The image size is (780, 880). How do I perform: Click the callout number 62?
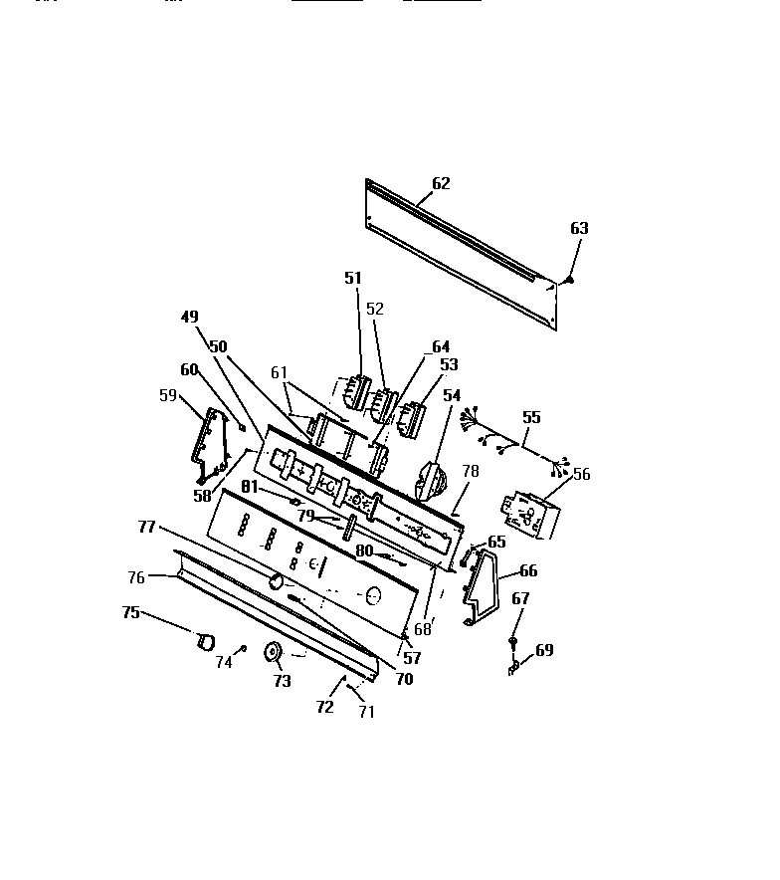coord(441,183)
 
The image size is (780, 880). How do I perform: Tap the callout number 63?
coord(579,228)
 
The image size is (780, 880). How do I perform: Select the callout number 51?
coord(353,278)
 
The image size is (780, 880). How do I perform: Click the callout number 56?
coord(581,474)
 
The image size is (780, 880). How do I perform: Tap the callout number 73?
coord(282,681)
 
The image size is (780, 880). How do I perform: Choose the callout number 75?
coord(130,612)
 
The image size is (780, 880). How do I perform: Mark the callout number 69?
coord(544,650)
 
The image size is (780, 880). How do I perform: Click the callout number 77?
coord(146,528)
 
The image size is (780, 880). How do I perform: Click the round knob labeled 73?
coord(271,653)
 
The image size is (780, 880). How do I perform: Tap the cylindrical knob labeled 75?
coord(205,641)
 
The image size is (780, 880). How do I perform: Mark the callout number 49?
coord(189,318)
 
